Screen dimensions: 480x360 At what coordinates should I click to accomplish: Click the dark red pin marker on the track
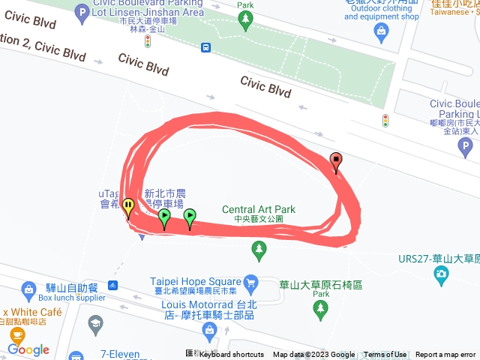coord(335,160)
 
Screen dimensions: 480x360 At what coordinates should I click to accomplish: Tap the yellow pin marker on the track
coord(128,206)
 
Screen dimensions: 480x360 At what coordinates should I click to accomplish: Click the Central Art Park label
coord(259,210)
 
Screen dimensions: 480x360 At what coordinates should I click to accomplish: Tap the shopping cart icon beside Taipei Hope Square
coord(251,282)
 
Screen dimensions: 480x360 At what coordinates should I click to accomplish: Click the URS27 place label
coord(438,259)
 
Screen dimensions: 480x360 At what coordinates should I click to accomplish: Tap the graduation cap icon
coord(95,324)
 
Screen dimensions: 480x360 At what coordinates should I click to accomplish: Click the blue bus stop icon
coord(205,47)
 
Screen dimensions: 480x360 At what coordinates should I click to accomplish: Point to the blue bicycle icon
coord(112,285)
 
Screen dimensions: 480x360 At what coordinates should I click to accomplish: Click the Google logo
coord(28,349)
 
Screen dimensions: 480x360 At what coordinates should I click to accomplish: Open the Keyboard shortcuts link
coord(231,355)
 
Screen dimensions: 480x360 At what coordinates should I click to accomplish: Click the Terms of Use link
coord(385,355)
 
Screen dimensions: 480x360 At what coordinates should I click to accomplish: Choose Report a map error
coord(445,355)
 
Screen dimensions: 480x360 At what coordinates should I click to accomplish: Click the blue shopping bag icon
coord(382,31)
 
